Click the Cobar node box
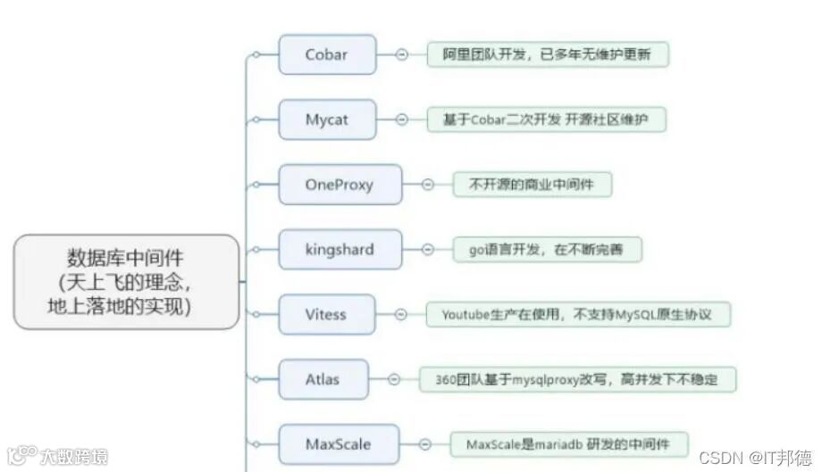[326, 54]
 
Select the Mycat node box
[326, 120]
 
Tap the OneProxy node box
[340, 185]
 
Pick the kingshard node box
[340, 250]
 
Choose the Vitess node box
[325, 314]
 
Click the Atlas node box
[323, 379]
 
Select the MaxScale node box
[339, 443]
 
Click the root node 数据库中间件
[126, 282]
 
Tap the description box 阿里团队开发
[547, 54]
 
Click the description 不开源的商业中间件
[533, 185]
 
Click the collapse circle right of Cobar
[401, 54]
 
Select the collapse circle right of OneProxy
[428, 185]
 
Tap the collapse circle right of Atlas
[394, 379]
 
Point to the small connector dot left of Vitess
[256, 314]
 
